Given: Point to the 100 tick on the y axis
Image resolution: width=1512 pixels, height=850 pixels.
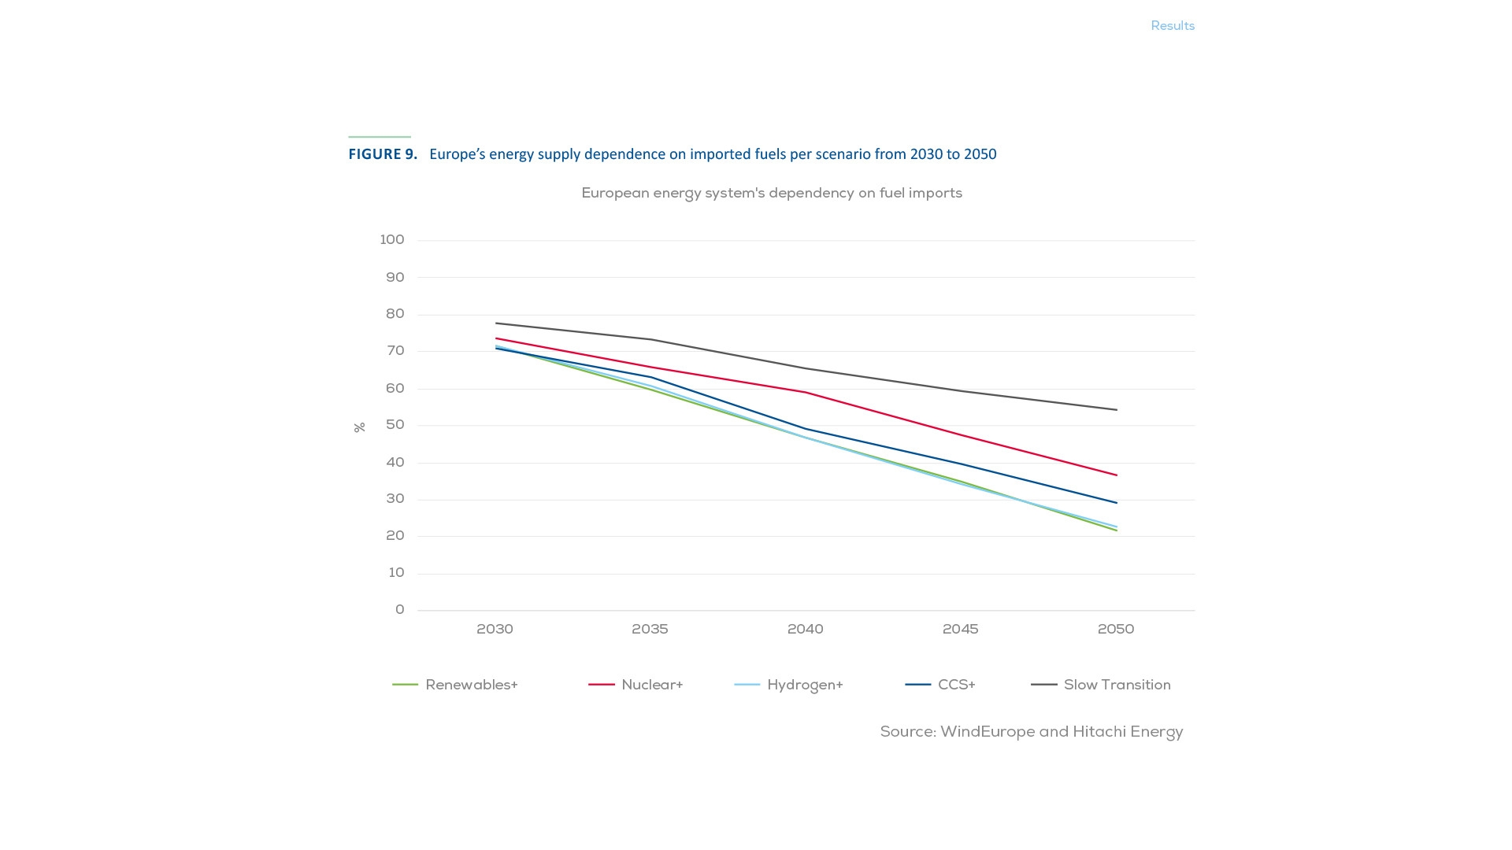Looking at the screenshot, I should (x=392, y=240).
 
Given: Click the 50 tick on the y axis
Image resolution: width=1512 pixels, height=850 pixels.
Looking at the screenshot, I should (x=395, y=425).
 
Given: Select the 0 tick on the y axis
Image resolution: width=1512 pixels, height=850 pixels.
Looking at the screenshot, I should (x=400, y=610).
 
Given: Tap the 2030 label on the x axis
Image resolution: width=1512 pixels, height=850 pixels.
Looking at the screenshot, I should (x=495, y=630).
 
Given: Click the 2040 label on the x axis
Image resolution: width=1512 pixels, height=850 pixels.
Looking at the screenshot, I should (x=805, y=630).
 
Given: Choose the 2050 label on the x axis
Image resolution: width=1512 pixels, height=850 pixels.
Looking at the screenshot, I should (x=1116, y=630).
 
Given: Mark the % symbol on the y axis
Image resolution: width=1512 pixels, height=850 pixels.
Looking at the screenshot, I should (x=360, y=427).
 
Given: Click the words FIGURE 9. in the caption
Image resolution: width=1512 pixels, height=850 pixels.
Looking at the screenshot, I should (x=383, y=154).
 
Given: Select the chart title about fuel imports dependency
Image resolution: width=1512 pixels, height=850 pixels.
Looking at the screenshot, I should (x=772, y=194).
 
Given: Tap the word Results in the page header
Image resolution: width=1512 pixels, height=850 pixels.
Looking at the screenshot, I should (x=1173, y=26).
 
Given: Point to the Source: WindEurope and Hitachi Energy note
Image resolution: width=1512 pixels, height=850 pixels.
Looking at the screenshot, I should (x=1031, y=732).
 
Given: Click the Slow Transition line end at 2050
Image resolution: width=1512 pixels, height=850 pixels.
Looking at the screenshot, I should (x=1116, y=410).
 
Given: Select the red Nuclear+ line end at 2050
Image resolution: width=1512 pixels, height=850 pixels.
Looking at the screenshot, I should (x=1116, y=475).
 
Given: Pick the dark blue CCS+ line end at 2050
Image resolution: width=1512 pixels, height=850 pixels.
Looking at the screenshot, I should (x=1116, y=503).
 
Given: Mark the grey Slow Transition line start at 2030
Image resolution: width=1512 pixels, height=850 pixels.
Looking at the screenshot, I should (x=496, y=323).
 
